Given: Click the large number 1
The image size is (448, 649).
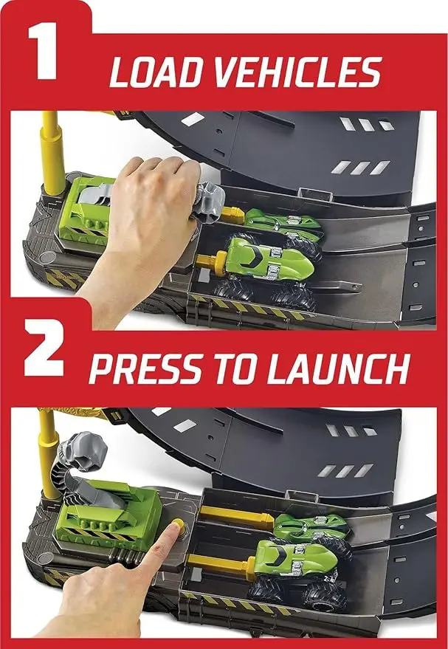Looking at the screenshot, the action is [x=43, y=52].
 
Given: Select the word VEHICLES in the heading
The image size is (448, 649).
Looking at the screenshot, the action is [x=297, y=72].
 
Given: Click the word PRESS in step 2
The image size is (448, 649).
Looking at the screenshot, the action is [x=145, y=368].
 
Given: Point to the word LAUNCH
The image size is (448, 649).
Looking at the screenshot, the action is [x=338, y=368].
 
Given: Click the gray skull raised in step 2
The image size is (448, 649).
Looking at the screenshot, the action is [x=83, y=450].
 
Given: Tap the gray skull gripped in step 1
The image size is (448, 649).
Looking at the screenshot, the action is [x=210, y=202].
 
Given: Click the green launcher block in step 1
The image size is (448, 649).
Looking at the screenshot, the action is [x=84, y=209].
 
